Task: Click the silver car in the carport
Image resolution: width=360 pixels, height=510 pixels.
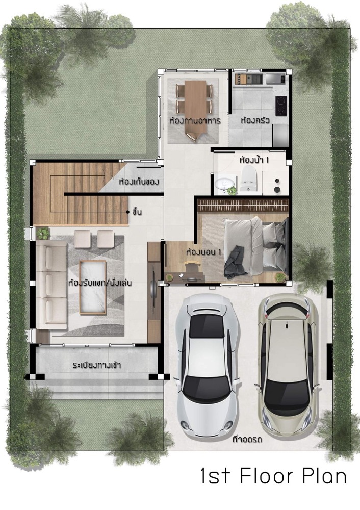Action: point(208,363)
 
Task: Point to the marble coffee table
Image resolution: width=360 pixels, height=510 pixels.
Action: point(93,287)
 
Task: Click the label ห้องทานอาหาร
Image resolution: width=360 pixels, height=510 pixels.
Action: point(195,121)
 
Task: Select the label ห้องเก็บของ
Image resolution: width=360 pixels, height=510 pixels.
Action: point(139,181)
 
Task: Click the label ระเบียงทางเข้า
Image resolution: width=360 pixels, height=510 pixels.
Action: point(97,365)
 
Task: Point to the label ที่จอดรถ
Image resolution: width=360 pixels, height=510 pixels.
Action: point(248,440)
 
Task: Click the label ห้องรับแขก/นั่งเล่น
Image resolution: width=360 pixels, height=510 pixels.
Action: point(100,283)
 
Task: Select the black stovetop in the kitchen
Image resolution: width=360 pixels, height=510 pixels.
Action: point(281,106)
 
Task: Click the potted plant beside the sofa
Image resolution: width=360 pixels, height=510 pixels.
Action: point(43,233)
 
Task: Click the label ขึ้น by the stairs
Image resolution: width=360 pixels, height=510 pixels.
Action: point(137,212)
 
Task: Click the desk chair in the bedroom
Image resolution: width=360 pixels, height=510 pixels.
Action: point(191,266)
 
